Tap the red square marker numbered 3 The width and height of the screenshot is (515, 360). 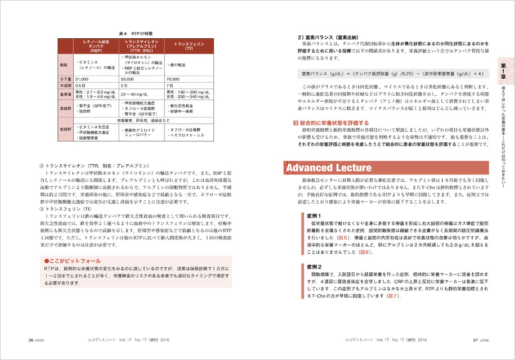tap(296, 122)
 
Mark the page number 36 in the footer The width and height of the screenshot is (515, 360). tap(24, 340)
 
